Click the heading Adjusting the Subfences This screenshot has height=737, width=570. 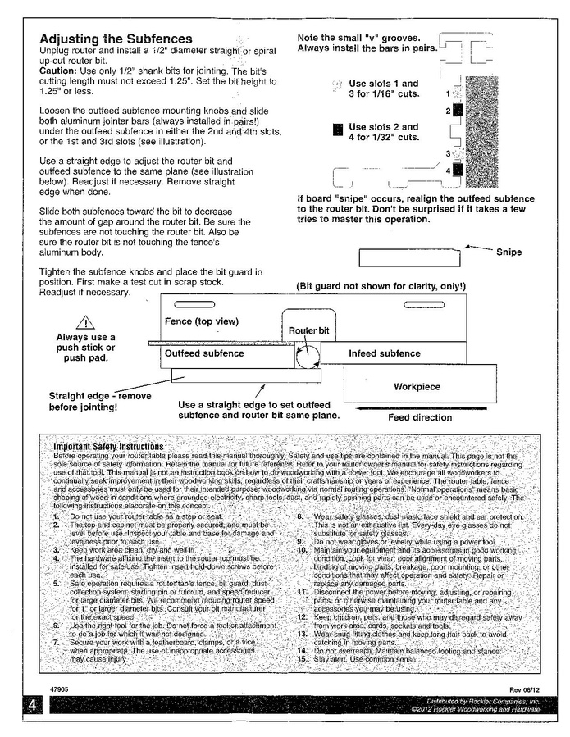point(116,39)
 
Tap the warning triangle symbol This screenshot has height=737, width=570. point(85,323)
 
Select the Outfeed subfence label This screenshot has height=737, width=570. point(204,353)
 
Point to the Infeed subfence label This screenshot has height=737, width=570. point(385,353)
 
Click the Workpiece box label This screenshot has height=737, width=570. point(417,385)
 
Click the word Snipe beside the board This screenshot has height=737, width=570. point(509,252)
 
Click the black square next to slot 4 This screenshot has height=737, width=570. point(457,171)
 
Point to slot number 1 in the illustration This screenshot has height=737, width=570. point(448,94)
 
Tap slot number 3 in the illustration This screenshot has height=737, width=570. point(447,153)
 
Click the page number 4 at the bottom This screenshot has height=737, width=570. point(29,706)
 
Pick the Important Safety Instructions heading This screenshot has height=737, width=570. point(107,446)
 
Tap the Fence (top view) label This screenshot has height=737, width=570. point(202,321)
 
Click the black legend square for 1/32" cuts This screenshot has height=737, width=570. point(336,130)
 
